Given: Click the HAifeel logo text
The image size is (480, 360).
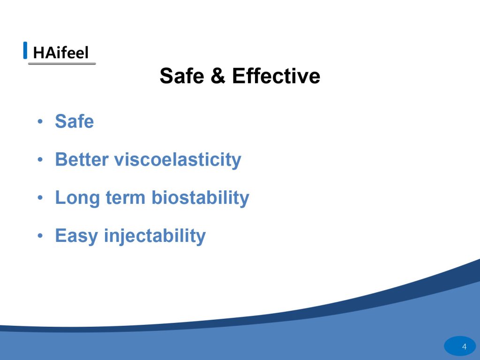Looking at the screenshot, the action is coord(60,52).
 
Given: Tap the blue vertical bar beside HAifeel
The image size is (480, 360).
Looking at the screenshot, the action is coord(25,50).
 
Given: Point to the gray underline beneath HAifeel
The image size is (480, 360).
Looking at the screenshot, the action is coord(62,63).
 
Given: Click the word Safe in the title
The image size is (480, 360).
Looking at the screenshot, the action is coord(182,75).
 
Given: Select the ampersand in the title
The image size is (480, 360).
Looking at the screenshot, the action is coord(218,75).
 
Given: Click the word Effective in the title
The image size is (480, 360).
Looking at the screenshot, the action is coord(276,75).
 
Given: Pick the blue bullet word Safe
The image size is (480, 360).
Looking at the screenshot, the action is coord(75,121).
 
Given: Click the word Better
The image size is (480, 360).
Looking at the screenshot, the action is coord(82,159).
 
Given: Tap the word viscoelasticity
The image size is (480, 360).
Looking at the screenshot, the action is coord(178,160).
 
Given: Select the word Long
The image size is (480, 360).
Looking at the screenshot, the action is coord(77,198).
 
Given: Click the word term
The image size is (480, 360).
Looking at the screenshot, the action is coord(126,198).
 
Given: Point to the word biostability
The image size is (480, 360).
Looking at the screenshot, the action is coord(201,198).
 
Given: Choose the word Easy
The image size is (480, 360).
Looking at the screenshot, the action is coord(76,236).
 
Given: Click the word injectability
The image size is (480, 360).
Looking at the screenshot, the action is coord(155,236).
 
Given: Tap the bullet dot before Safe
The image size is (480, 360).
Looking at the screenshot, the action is coord(40,121).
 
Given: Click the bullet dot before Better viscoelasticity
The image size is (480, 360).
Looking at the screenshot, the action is coord(40,160).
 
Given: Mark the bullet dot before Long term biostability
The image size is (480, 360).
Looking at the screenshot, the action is coord(40,198).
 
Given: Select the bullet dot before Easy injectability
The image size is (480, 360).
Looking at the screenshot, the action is coord(40,236).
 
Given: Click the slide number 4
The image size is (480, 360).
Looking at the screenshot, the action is coord(465,346).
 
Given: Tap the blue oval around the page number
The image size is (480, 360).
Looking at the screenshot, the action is coord(460,346).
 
